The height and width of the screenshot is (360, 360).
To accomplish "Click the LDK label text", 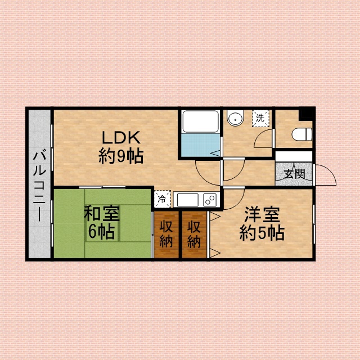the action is click(121, 137).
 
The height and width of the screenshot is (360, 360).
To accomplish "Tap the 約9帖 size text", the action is click(121, 156).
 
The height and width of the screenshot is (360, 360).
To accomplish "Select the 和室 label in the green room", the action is click(102, 214).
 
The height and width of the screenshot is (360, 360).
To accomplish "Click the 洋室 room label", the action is click(262, 214).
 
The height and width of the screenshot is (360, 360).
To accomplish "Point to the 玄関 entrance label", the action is click(294, 174).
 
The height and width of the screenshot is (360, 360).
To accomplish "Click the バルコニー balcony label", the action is click(39, 185).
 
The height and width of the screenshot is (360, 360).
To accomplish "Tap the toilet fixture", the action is click(302, 134).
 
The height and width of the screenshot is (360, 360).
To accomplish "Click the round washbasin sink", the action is click(235, 118).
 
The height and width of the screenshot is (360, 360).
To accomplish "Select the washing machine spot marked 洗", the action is click(260, 119).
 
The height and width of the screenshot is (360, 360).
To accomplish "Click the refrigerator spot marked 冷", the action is click(163, 199).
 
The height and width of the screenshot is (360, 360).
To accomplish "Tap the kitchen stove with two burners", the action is click(210, 200).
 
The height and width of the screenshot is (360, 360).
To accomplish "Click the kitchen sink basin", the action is click(187, 200).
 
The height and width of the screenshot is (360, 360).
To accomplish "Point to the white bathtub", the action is click(200, 121).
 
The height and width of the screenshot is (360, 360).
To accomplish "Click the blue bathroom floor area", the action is click(200, 145).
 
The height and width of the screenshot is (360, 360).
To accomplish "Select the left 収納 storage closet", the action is click(166, 235).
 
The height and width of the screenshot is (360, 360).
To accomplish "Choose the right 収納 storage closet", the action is click(194, 235).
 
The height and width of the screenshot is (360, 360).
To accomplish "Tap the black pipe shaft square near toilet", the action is click(307, 114).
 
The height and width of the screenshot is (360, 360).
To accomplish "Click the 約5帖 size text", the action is click(262, 233).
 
